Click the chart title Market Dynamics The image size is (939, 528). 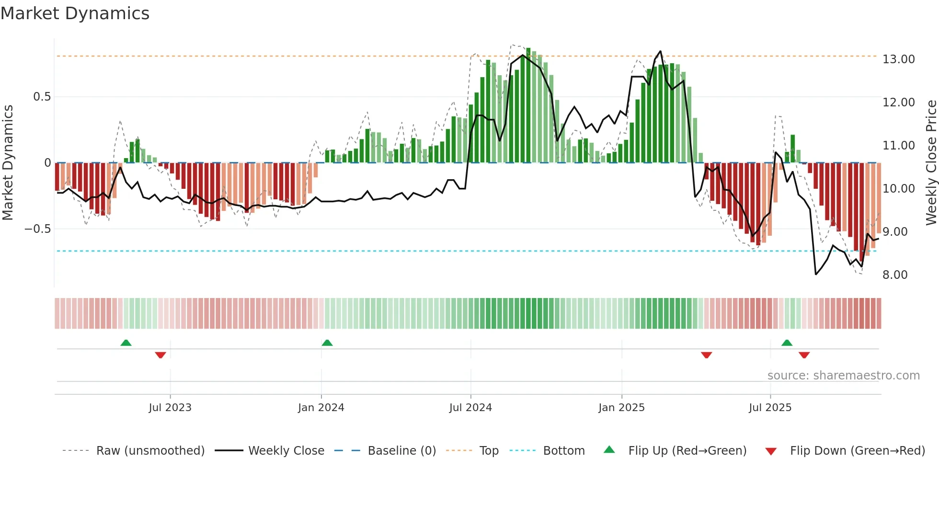pos(75,13)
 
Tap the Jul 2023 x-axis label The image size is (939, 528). pos(170,408)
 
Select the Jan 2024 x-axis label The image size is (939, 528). pos(321,408)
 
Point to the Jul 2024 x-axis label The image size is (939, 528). pos(470,408)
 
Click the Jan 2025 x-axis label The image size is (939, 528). pos(621,408)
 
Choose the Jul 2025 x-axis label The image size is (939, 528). pos(770,408)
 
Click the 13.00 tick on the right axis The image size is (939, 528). pos(898,59)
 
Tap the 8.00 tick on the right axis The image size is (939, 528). pos(895,275)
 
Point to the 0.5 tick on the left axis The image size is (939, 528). pos(42,97)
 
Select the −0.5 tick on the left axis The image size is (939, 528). pos(37,229)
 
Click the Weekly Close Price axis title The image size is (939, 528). pos(931,162)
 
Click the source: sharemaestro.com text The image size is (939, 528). pos(843,376)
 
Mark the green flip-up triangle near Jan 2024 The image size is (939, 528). pos(327,343)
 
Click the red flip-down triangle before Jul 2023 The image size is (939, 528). pos(160,355)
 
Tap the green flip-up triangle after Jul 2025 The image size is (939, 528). pos(787,343)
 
